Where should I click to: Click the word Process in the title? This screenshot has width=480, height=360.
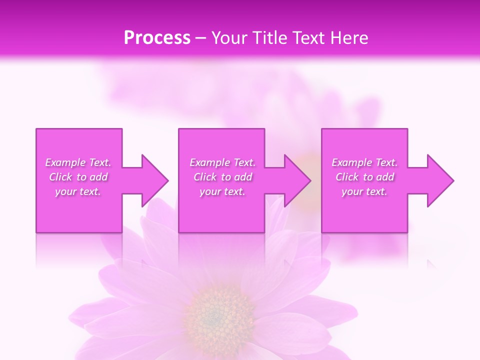point(157,38)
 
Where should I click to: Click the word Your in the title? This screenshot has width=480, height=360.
point(229,38)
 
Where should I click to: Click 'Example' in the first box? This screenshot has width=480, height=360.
point(65,162)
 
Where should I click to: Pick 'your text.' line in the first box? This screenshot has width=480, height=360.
point(78,191)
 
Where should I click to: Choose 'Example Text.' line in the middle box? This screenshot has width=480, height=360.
point(222,162)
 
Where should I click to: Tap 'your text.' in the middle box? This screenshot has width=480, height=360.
point(222,191)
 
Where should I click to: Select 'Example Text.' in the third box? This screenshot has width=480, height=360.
point(364,162)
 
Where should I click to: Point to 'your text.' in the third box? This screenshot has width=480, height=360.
point(364,191)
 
